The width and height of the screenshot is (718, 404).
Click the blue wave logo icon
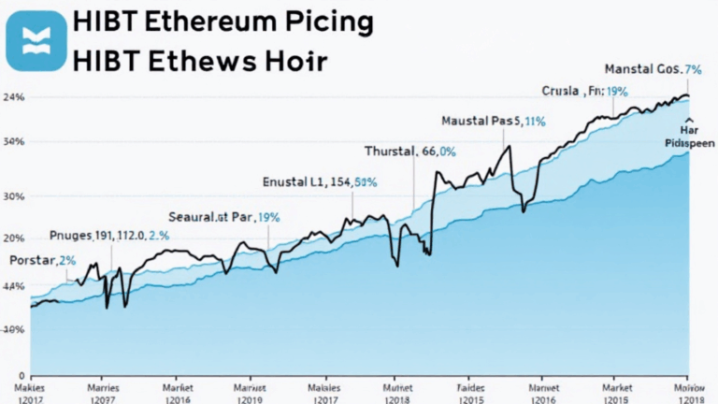tap(36, 40)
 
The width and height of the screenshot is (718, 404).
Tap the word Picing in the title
tap(328, 22)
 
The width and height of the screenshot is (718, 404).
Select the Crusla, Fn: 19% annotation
tap(584, 92)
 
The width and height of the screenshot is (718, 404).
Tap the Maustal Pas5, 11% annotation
tap(493, 121)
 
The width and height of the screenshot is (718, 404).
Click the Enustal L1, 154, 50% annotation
tap(320, 182)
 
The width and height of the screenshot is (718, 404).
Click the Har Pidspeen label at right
tap(689, 137)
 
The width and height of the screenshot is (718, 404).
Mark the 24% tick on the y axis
tap(14, 97)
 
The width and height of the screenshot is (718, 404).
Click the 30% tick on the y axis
tap(14, 197)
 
